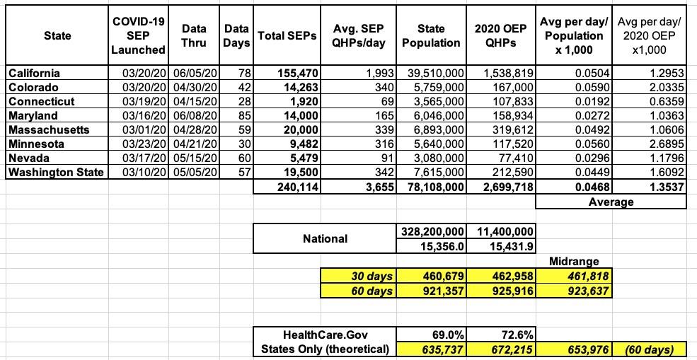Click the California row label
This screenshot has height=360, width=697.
tap(33, 73)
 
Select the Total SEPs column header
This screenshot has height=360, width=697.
tap(280, 35)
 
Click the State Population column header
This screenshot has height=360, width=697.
tap(431, 35)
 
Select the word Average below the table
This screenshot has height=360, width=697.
tap(611, 202)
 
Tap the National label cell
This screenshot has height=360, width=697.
tap(325, 238)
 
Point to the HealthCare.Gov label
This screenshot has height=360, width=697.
tap(326, 333)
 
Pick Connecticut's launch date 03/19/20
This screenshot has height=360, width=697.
tap(139, 101)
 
